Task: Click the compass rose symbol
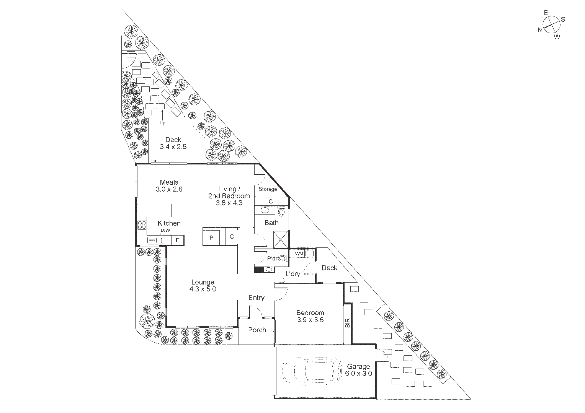click(552, 25)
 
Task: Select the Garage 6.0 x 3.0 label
click(358, 370)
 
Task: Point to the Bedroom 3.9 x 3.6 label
click(310, 316)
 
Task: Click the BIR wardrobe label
click(347, 323)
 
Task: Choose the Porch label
click(257, 330)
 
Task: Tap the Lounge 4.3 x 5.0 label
click(203, 285)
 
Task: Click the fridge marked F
click(178, 240)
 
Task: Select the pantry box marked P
click(211, 237)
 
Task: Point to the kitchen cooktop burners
click(142, 225)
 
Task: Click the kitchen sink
click(155, 240)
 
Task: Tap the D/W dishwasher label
click(165, 230)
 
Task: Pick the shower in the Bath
click(281, 239)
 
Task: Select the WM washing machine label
click(299, 254)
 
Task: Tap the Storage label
click(268, 189)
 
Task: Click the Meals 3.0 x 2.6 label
click(169, 186)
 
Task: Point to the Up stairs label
click(162, 123)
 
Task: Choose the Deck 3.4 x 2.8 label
click(173, 143)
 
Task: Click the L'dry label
click(293, 274)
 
